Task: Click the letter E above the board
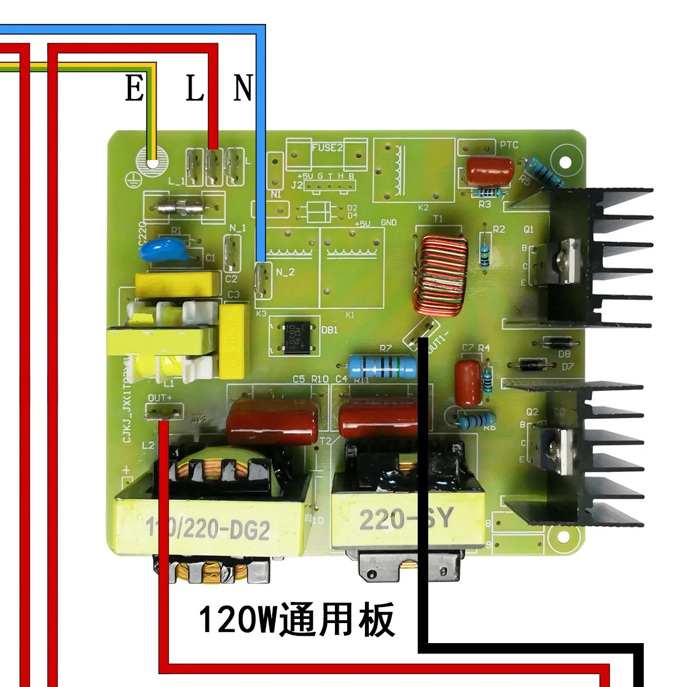click(134, 88)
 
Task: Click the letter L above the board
click(194, 88)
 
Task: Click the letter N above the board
click(243, 88)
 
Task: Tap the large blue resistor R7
click(382, 366)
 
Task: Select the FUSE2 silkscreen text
click(327, 148)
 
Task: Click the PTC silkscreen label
click(509, 145)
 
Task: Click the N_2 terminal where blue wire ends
click(263, 274)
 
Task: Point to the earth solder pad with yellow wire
click(152, 163)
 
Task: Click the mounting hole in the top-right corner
click(565, 162)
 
